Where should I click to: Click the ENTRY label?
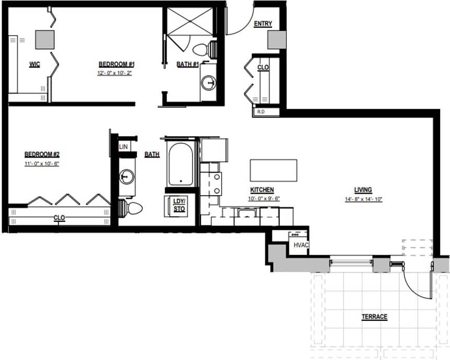pos(262,24)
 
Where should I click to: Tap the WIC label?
pos(35,64)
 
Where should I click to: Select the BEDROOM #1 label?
pos(117,64)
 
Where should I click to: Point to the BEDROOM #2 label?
pos(42,154)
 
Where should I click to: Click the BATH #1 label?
pos(187,64)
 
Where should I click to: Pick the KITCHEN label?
pos(262,189)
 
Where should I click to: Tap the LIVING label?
pos(363,189)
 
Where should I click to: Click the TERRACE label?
pos(374,317)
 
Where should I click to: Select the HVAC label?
pos(300,244)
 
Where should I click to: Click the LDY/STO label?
pos(179,206)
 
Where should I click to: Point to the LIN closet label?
pos(123,147)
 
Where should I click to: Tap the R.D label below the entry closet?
pos(260,111)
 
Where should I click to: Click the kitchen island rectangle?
pos(273,170)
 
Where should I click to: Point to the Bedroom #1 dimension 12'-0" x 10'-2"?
pos(117,73)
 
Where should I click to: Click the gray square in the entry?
pos(275,40)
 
